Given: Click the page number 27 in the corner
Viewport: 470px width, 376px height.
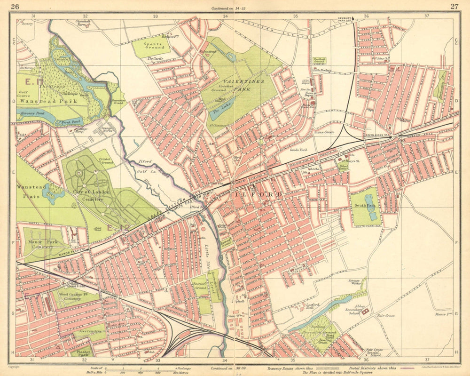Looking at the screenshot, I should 454,6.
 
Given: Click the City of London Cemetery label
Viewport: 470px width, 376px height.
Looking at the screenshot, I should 91,195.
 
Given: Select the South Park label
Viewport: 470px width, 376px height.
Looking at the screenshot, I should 364,205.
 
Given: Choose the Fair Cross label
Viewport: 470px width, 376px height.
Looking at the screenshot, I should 385,316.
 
